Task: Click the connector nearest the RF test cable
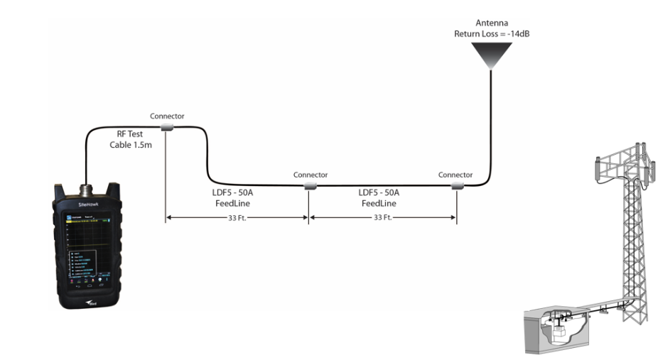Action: tap(167, 127)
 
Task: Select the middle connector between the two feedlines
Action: tap(310, 186)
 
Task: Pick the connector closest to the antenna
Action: tap(455, 186)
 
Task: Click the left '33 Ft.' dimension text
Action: tap(237, 218)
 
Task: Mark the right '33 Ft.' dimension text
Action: tap(383, 218)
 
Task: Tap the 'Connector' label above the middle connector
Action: tap(310, 175)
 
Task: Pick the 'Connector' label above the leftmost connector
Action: tap(167, 116)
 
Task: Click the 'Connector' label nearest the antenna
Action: tap(455, 175)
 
